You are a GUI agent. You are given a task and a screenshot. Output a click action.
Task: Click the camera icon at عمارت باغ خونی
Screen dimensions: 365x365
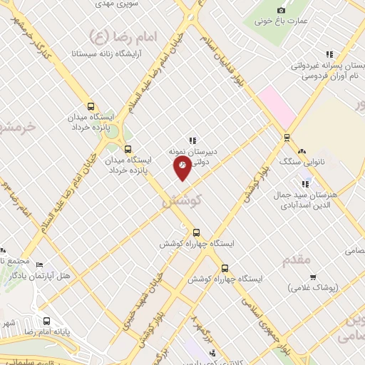pos(281,10)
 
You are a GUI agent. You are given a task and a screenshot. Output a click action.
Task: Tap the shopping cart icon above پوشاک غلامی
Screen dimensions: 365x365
pos(312,277)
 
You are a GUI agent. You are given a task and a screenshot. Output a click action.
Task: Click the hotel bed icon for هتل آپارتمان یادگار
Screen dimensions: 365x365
pos(39,264)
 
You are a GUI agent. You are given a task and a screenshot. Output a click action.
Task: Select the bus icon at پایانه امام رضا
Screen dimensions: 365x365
pos(46,321)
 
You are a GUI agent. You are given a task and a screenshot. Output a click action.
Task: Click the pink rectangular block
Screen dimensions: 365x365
pos(277,106)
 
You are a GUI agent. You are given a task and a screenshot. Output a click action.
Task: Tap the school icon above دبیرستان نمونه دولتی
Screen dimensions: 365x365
pos(192,140)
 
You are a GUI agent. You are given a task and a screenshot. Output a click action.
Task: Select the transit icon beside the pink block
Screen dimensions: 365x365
pos(287,138)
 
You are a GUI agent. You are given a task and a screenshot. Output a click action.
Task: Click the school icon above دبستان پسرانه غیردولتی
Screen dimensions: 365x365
pos(329,54)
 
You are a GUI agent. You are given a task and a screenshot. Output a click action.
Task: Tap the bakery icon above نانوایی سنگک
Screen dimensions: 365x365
pos(302,151)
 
